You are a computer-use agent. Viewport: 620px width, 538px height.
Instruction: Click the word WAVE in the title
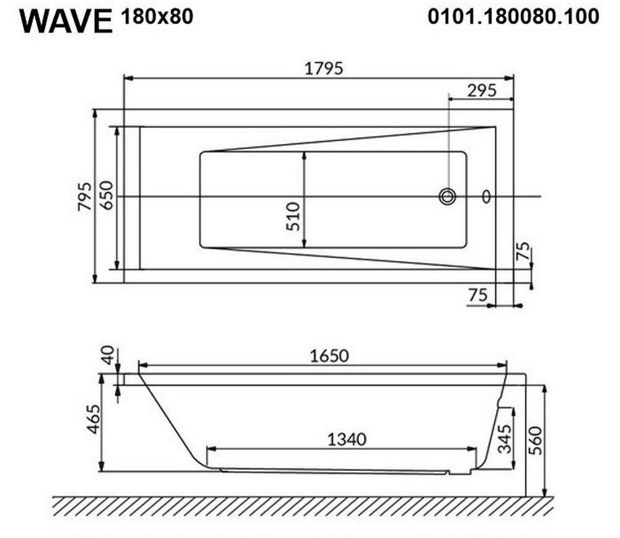click(x=66, y=21)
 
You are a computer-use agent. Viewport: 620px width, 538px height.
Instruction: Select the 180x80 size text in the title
click(x=157, y=17)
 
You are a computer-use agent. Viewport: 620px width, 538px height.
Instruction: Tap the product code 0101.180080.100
click(x=513, y=17)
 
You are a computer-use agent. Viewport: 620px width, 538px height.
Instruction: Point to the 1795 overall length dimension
click(x=324, y=68)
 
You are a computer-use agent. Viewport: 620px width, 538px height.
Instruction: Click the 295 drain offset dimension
click(x=482, y=91)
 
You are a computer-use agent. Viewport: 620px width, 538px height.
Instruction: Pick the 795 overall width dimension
click(x=84, y=196)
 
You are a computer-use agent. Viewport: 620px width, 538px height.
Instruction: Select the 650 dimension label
click(x=107, y=195)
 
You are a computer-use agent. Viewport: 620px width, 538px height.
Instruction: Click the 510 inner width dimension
click(x=293, y=216)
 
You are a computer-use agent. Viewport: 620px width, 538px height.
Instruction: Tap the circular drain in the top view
click(x=447, y=196)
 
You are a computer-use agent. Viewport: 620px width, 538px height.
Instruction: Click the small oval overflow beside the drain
click(x=486, y=196)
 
